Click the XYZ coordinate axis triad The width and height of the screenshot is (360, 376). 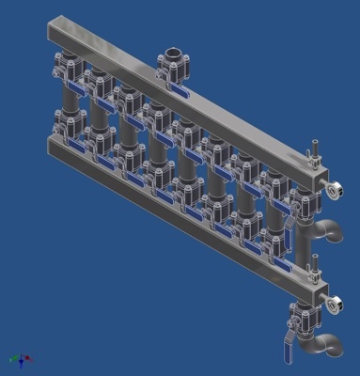[20, 358]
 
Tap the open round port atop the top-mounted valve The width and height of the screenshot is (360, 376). [174, 54]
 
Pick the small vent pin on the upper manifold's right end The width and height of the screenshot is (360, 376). [315, 151]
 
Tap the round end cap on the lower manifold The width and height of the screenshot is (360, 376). [336, 303]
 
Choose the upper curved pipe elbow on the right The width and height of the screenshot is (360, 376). [329, 228]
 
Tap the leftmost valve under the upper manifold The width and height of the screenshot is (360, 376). [68, 69]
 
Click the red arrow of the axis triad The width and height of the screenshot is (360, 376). [27, 360]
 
